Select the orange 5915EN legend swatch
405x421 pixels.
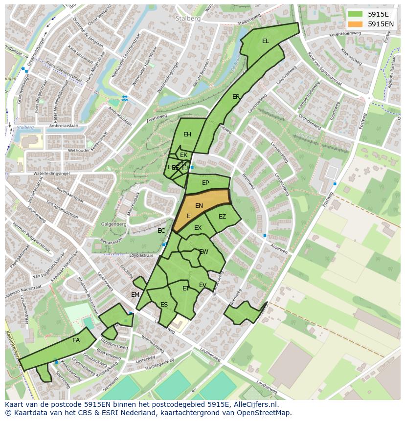tap(356, 23)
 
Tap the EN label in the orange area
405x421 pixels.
tap(199, 206)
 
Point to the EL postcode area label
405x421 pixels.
tap(266, 41)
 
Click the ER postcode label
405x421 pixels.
tap(236, 97)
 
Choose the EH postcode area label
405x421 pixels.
tap(187, 134)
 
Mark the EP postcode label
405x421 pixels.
tap(205, 183)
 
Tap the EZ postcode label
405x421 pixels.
tap(223, 217)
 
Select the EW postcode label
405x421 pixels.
tap(204, 252)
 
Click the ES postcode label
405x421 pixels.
tap(164, 305)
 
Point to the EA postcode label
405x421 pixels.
tap(76, 340)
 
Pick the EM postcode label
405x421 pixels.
tap(135, 294)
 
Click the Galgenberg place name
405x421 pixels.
tap(114, 224)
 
